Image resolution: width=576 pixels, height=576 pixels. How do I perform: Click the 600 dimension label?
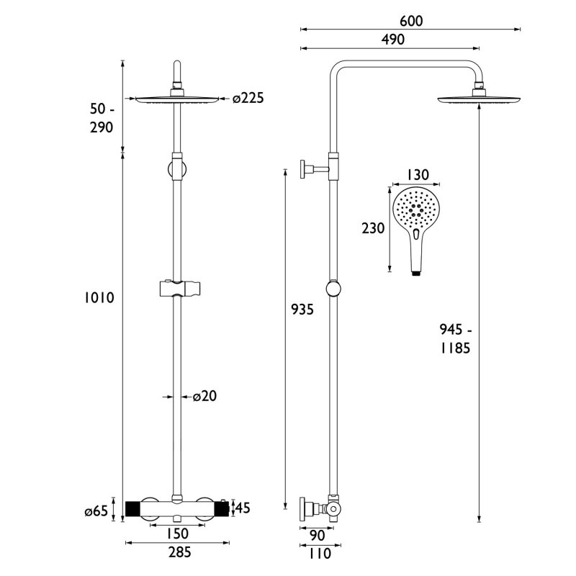pos(410,22)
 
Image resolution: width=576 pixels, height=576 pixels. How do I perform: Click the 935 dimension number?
pos(302,310)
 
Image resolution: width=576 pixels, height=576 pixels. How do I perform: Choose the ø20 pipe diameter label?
pos(204,395)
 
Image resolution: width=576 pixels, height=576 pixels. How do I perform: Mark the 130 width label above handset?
pos(418,174)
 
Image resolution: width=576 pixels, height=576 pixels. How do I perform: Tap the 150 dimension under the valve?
pos(178,534)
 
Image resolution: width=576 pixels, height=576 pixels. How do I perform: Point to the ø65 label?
pos(96,511)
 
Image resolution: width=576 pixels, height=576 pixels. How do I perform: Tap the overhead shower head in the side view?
pos(479,99)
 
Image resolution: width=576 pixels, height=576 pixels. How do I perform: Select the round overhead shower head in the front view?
pos(177,98)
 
